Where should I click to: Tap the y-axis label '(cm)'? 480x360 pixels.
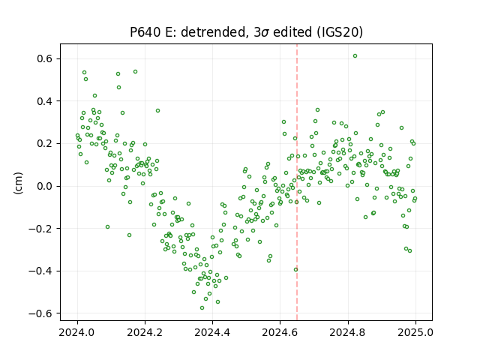pyautogui.click(x=18, y=183)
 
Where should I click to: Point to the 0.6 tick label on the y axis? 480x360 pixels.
pyautogui.click(x=46, y=58)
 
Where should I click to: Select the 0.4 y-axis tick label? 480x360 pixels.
pyautogui.click(x=46, y=101)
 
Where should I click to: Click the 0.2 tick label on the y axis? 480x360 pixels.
pyautogui.click(x=46, y=143)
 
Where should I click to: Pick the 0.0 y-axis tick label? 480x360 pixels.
pyautogui.click(x=46, y=186)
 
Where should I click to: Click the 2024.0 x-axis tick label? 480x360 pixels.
pyautogui.click(x=77, y=332)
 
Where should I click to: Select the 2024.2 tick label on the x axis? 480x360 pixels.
pyautogui.click(x=145, y=332)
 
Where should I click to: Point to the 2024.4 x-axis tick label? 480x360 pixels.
pyautogui.click(x=212, y=332)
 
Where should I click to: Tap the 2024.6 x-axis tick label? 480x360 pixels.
pyautogui.click(x=280, y=332)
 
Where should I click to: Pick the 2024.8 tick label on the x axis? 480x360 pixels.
pyautogui.click(x=348, y=332)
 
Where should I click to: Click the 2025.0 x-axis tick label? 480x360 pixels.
pyautogui.click(x=415, y=332)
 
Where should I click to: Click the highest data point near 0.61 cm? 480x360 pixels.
pyautogui.click(x=355, y=56)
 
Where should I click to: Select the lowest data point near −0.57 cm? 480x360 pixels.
pyautogui.click(x=202, y=307)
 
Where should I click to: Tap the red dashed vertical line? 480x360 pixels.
pyautogui.click(x=297, y=182)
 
